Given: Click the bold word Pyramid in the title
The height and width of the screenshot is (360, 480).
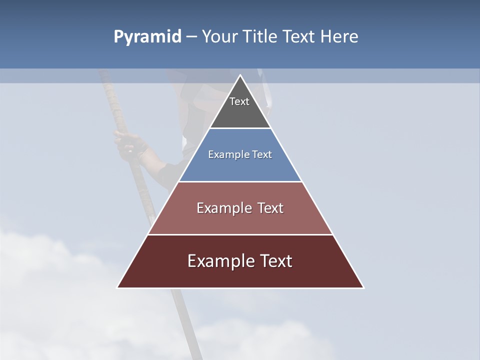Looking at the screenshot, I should tap(147, 37).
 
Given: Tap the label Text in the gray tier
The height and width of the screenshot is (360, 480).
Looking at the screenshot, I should tap(239, 101).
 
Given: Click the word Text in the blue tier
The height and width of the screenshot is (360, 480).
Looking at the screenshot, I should tap(262, 154).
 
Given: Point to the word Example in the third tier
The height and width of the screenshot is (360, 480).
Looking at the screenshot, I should tap(222, 208).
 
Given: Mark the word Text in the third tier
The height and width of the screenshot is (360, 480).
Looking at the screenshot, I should tap(270, 208).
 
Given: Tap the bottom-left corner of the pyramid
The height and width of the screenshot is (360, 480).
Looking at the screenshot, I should tap(118, 287).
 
